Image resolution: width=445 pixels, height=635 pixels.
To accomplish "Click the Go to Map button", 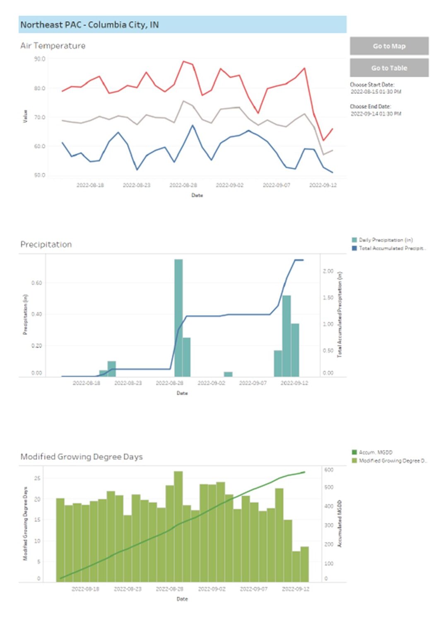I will pyautogui.click(x=389, y=46).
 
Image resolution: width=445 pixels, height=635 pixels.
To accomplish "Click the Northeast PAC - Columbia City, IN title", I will pyautogui.click(x=89, y=25).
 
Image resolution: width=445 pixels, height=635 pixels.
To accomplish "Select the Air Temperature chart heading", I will pyautogui.click(x=53, y=45).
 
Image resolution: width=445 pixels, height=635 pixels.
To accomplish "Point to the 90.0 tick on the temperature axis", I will pyautogui.click(x=40, y=59).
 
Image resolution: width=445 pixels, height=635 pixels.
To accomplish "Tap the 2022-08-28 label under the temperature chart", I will pyautogui.click(x=183, y=185).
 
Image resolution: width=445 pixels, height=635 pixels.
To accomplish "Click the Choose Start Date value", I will pyautogui.click(x=375, y=92).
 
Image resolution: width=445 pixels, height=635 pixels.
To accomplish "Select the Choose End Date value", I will pyautogui.click(x=375, y=114).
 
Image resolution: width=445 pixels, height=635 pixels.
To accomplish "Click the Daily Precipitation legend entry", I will pyautogui.click(x=385, y=240).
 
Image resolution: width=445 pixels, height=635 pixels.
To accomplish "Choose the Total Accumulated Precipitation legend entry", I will pyautogui.click(x=392, y=248).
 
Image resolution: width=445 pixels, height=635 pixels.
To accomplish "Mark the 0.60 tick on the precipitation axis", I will pyautogui.click(x=37, y=283).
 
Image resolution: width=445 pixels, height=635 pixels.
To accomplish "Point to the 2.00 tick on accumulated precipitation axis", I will pyautogui.click(x=328, y=271).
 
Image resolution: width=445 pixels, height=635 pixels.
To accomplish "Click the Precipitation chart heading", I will pyautogui.click(x=46, y=244).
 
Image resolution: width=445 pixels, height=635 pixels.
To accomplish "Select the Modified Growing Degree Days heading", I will pyautogui.click(x=82, y=457).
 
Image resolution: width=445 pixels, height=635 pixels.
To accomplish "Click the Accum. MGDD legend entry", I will pyautogui.click(x=375, y=452).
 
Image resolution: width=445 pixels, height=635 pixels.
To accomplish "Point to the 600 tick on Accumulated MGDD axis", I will pyautogui.click(x=329, y=470).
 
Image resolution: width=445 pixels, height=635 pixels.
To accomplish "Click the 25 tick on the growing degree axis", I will pyautogui.click(x=37, y=478).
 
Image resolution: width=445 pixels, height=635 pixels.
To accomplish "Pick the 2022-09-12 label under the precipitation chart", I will pyautogui.click(x=294, y=383).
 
